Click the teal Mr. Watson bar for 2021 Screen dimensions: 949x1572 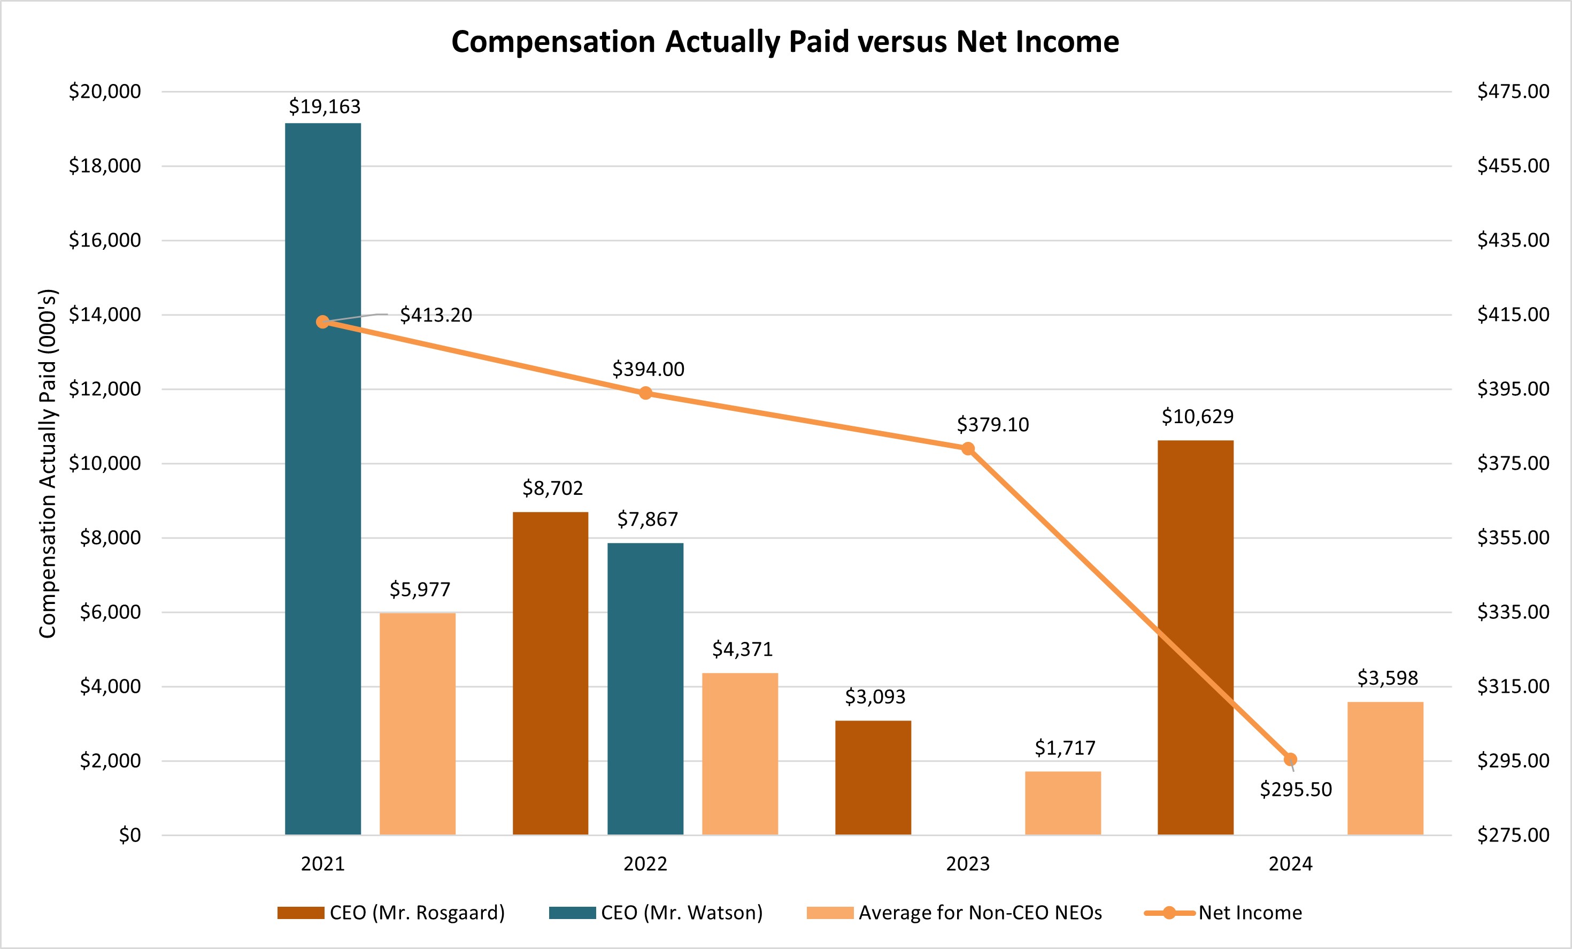click(x=323, y=479)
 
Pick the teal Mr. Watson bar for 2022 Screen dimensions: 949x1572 click(x=645, y=688)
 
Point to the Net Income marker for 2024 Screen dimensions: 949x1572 click(x=1290, y=760)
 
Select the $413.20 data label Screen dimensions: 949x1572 click(x=436, y=315)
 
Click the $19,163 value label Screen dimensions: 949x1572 click(x=324, y=106)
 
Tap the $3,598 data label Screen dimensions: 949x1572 click(x=1387, y=678)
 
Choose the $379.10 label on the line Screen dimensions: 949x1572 click(x=993, y=425)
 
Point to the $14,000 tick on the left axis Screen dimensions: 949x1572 click(x=105, y=315)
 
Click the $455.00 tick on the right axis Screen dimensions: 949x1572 click(x=1513, y=166)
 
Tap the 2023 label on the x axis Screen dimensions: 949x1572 click(x=967, y=864)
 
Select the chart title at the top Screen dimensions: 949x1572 click(x=785, y=42)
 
